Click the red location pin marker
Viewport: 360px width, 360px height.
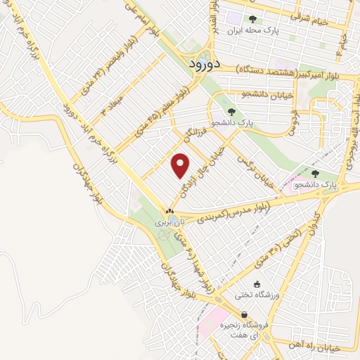pos(181,165)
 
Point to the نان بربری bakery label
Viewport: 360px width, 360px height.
pos(169,221)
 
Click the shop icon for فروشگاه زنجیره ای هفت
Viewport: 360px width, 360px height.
pos(243,315)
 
